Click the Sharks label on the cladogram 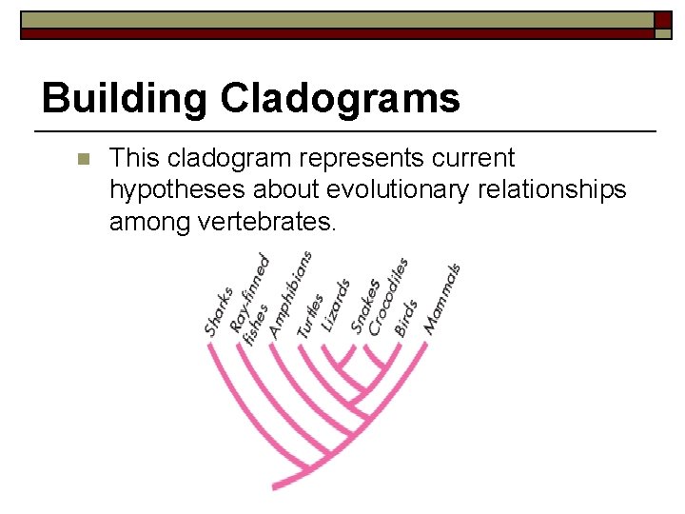219,311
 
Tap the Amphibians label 290,294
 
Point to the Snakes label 365,306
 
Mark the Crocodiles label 388,296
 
